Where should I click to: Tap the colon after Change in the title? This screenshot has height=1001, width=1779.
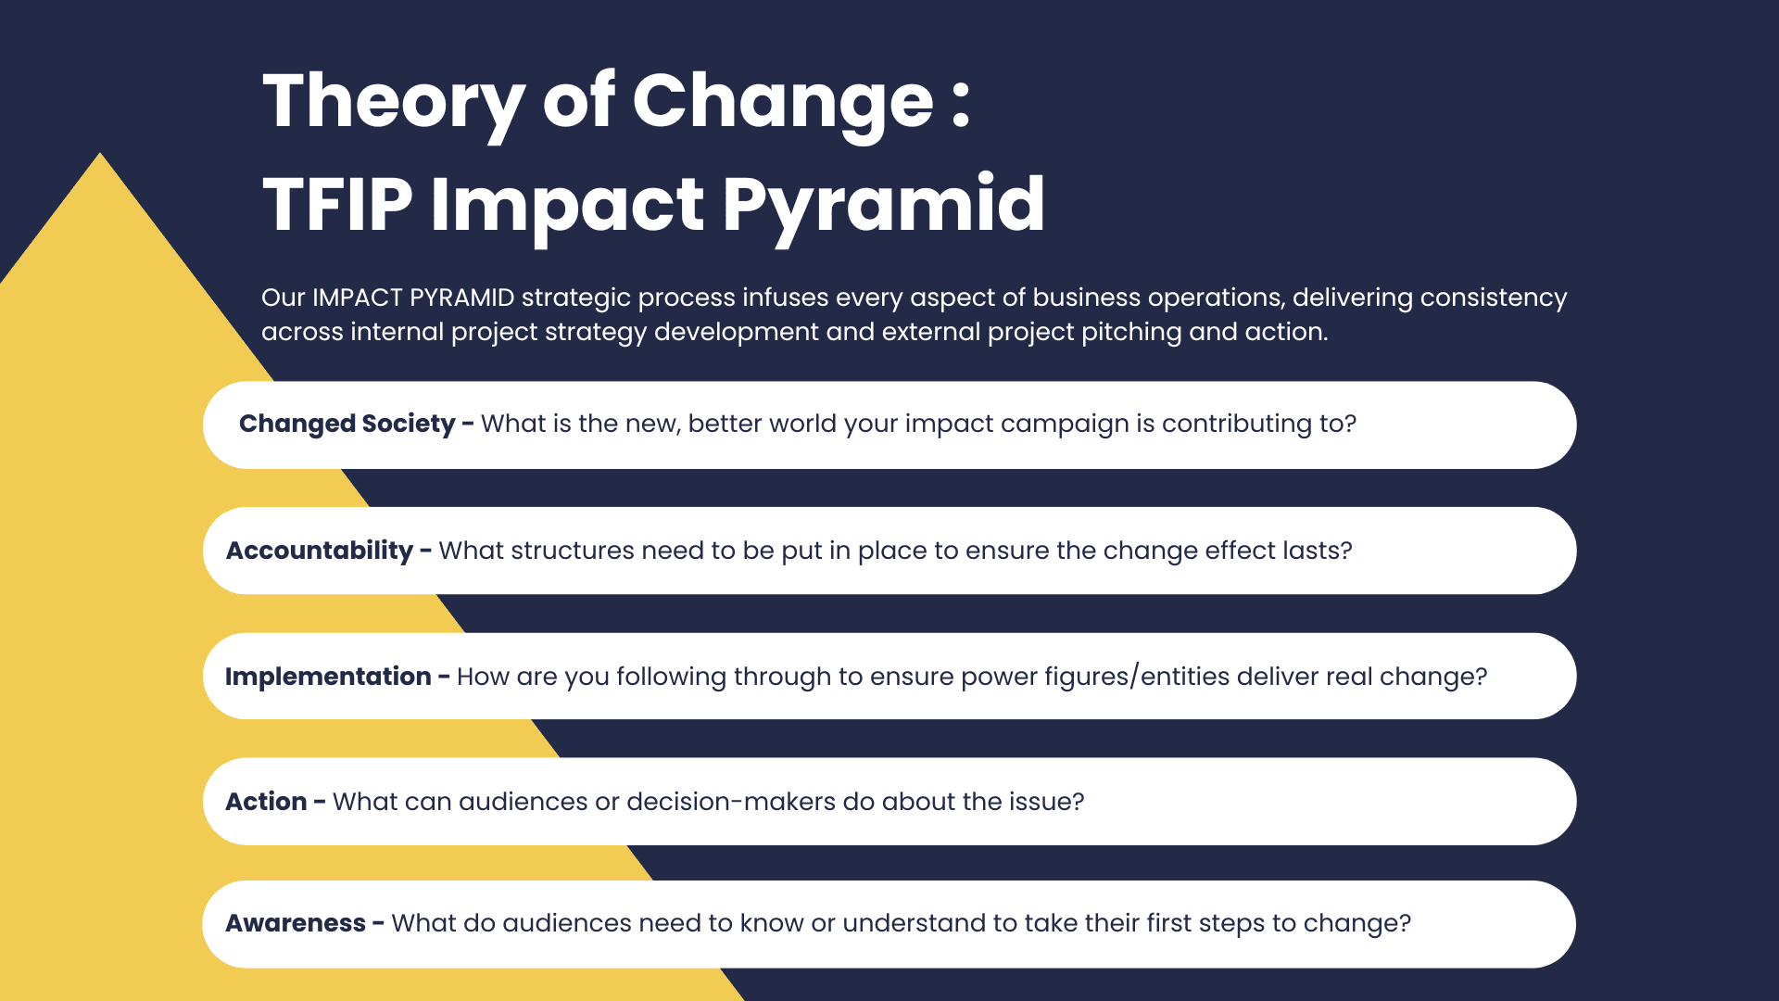960,105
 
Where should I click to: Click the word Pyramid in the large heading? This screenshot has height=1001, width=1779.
883,208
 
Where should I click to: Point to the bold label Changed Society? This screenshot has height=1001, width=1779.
347,424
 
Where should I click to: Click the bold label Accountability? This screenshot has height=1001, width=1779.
320,551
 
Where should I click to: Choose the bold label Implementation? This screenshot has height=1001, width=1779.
328,677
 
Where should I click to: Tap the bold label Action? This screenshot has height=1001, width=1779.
266,802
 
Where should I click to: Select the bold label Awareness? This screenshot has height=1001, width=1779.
296,923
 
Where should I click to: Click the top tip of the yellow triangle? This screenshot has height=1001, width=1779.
100,153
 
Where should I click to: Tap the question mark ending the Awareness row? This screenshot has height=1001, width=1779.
1405,923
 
